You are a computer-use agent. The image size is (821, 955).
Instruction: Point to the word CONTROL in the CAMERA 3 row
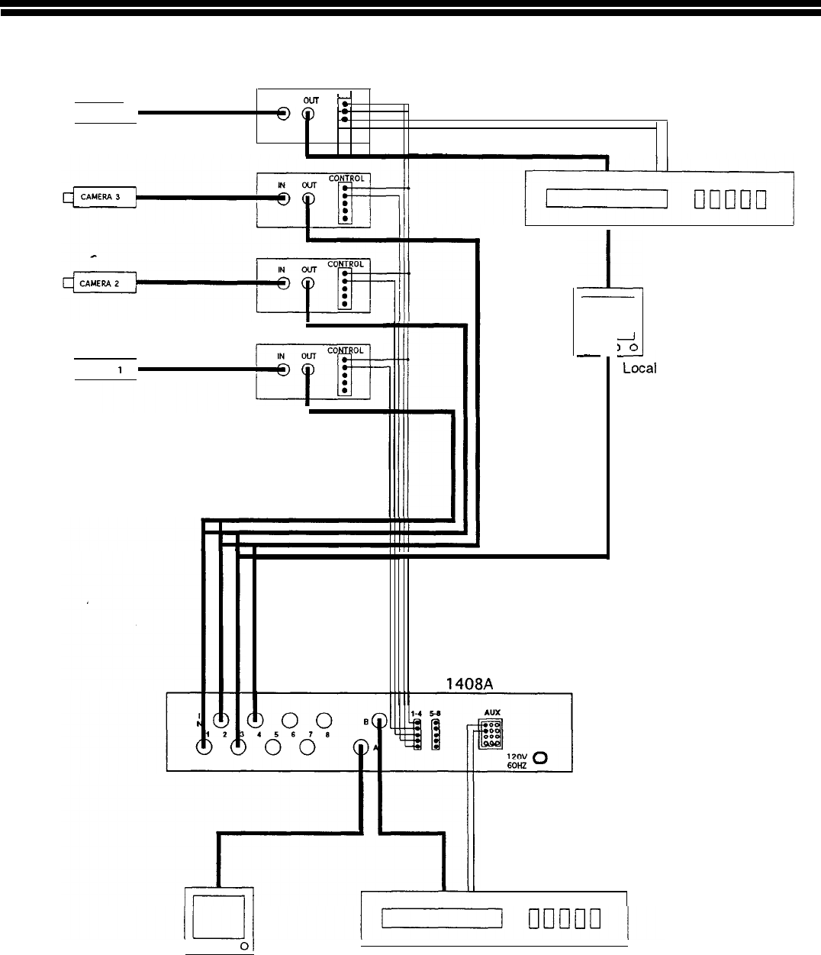click(x=346, y=179)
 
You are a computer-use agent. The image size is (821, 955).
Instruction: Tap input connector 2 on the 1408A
click(x=221, y=719)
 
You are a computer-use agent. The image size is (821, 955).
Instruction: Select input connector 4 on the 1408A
click(x=256, y=719)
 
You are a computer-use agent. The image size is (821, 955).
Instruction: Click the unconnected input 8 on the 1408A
click(x=324, y=720)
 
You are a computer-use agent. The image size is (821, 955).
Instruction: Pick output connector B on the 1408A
click(x=379, y=720)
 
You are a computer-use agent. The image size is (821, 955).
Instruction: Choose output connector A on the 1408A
click(x=362, y=747)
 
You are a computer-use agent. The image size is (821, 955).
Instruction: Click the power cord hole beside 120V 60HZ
click(x=541, y=758)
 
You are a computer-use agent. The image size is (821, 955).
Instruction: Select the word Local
click(x=639, y=368)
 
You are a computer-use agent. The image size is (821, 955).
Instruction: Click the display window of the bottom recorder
click(x=443, y=917)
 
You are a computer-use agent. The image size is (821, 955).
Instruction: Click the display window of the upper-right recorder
click(x=607, y=198)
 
